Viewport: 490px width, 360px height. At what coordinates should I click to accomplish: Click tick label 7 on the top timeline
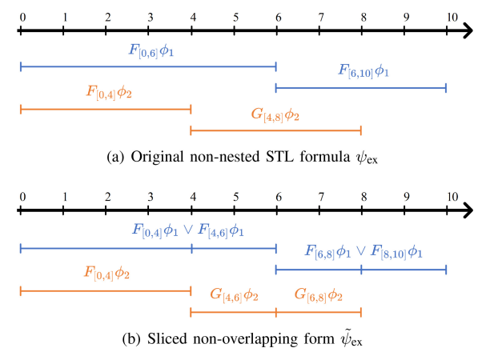(x=320, y=16)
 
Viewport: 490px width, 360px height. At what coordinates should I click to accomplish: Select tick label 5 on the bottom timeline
(x=235, y=197)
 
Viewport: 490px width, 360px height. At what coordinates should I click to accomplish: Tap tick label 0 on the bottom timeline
(x=20, y=197)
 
